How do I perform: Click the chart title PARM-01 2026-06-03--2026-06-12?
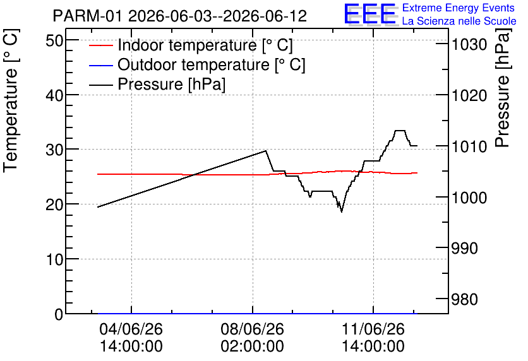(x=180, y=16)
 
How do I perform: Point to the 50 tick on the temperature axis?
(x=54, y=41)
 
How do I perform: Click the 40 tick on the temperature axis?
(x=54, y=95)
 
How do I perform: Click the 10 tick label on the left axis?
(x=54, y=259)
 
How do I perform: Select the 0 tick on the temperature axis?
(x=59, y=314)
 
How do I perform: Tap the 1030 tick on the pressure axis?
(x=469, y=45)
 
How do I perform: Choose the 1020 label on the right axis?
(x=469, y=96)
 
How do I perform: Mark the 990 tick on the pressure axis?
(x=464, y=249)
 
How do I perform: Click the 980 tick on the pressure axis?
(x=464, y=299)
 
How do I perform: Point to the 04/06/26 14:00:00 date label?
(x=131, y=338)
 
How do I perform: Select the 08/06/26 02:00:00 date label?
(x=252, y=338)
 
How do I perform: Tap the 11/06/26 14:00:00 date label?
(x=373, y=338)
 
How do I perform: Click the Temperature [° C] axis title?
(x=11, y=100)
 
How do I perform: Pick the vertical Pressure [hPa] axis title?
(x=503, y=88)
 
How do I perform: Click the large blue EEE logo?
(x=370, y=14)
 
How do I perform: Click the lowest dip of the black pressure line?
(x=342, y=211)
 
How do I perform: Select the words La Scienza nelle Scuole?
(x=459, y=21)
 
